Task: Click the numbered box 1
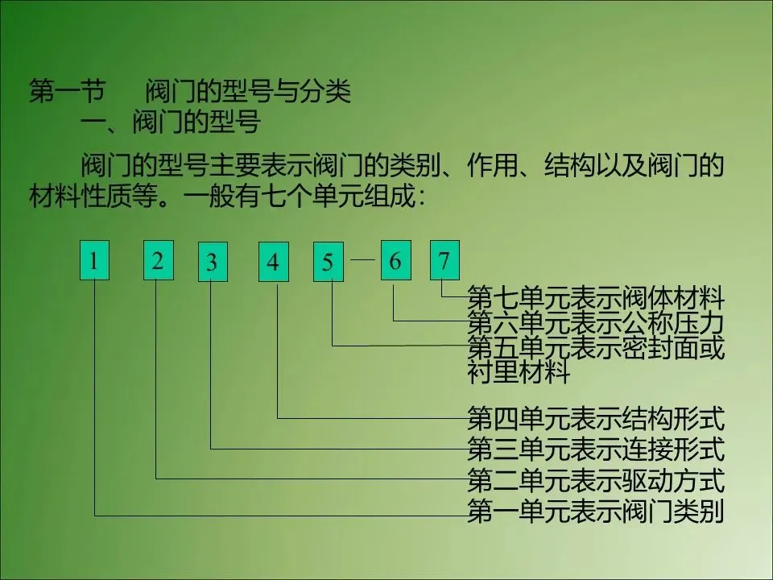click(x=94, y=259)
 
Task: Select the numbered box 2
click(x=158, y=259)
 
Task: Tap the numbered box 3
click(x=212, y=262)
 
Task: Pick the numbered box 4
click(x=274, y=262)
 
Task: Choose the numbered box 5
click(x=329, y=262)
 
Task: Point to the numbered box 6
click(x=395, y=259)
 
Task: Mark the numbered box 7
click(x=444, y=259)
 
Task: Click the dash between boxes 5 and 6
click(x=362, y=260)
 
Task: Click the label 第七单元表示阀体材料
click(x=596, y=299)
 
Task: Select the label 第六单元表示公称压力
click(x=596, y=324)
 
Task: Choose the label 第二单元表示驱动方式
click(x=596, y=481)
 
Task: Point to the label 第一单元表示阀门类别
click(x=596, y=512)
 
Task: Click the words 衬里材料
click(x=519, y=373)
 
